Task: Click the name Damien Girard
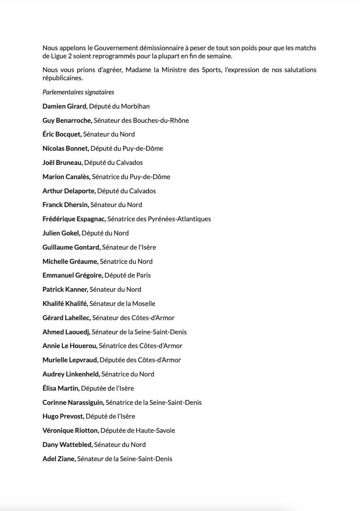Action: point(64,106)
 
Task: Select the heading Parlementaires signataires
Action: point(78,92)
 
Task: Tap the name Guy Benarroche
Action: point(67,120)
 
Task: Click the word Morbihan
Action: point(135,106)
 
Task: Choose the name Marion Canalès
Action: point(66,177)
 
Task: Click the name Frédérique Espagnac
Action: point(74,219)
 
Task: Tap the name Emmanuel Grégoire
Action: point(72,275)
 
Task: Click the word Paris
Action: point(142,275)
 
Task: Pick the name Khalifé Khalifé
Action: point(65,304)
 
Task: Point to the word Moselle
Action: point(143,304)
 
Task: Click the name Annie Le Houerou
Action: point(70,346)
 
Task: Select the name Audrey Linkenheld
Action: point(71,374)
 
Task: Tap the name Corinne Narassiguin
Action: point(73,402)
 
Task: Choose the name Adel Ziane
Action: point(59,459)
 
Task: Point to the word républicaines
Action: point(62,78)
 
